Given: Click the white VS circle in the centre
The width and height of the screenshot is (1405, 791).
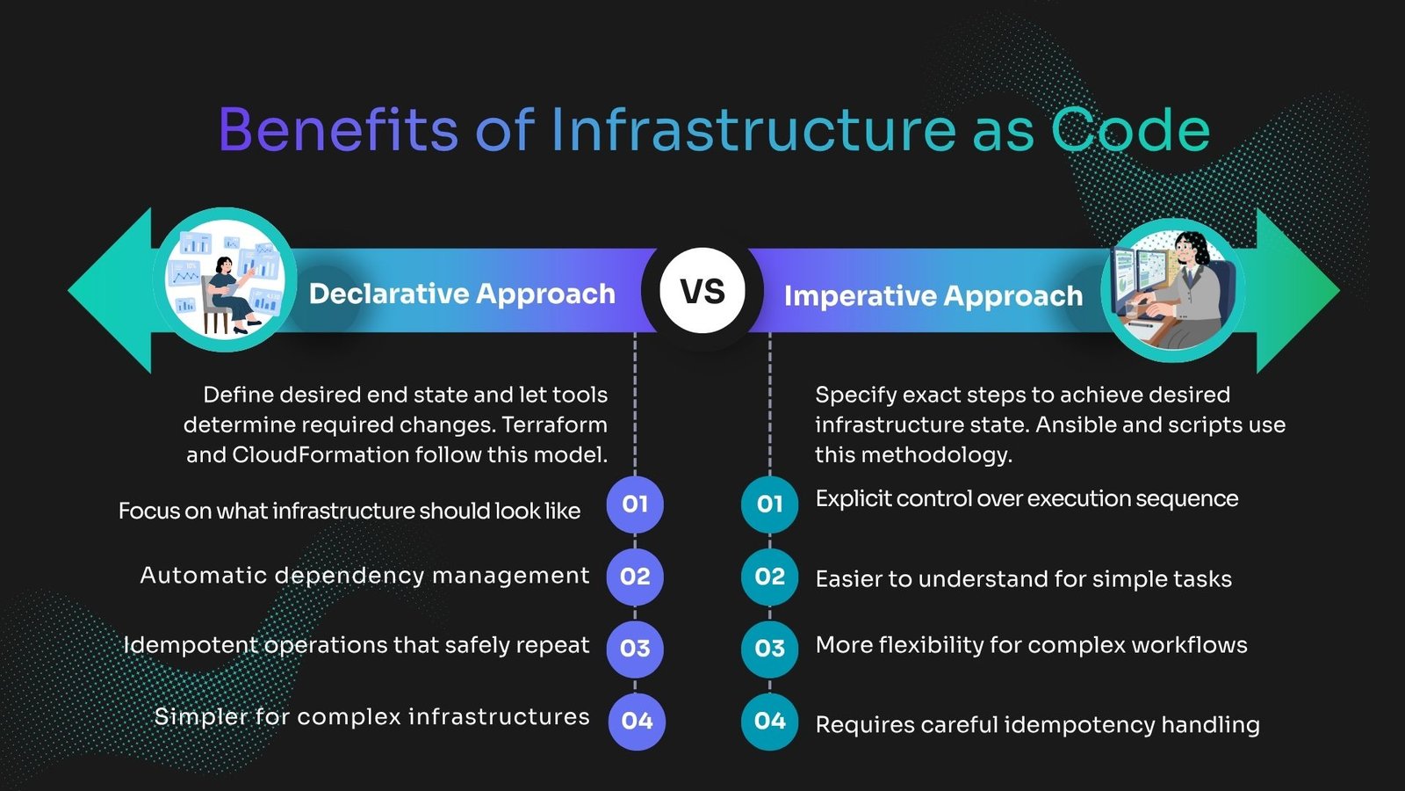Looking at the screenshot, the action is coord(702,291).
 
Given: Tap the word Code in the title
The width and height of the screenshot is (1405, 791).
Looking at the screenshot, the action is coord(1130,129).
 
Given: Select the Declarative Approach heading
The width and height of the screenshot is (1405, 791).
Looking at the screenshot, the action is coord(462,294).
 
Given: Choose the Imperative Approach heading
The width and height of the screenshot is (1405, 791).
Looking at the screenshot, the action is coord(933,295).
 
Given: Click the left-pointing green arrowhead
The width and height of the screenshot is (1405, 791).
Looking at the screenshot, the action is coord(111,291).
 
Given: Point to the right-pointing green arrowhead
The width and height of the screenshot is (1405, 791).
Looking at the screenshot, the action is coord(1298,291).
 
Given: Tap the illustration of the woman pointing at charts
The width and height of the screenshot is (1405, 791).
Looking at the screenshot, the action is coord(225,280).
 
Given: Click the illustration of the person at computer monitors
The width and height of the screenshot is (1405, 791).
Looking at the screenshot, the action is coord(1173,290).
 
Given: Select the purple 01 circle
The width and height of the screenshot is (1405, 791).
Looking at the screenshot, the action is coord(635,504).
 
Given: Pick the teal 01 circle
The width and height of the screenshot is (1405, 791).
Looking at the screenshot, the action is coord(769,504).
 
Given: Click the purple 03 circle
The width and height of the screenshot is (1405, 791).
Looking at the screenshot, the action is coord(635,649).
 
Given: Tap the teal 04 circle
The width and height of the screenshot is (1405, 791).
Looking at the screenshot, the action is coord(769,722).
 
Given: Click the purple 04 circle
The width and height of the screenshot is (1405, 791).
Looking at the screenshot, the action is coord(637,722).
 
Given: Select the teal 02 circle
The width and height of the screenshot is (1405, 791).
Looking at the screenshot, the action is coord(769,577).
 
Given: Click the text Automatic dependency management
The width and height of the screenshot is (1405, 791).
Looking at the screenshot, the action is coord(364,576).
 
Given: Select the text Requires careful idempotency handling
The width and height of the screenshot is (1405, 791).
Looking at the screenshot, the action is coord(1037,725).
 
